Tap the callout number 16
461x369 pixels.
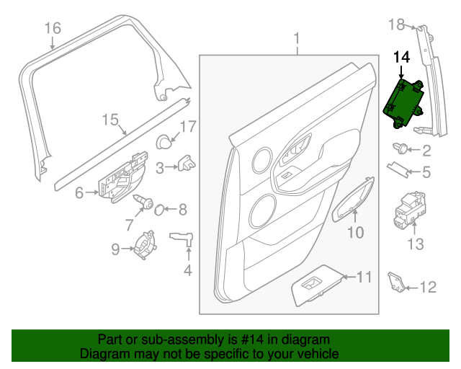(53, 29)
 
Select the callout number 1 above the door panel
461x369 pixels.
(296, 37)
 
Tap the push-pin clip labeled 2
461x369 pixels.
(399, 150)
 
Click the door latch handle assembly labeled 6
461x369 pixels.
(119, 182)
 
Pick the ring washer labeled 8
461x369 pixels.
(161, 210)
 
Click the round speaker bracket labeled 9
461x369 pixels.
(146, 244)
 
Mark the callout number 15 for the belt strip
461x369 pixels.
(109, 120)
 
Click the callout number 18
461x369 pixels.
(397, 25)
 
